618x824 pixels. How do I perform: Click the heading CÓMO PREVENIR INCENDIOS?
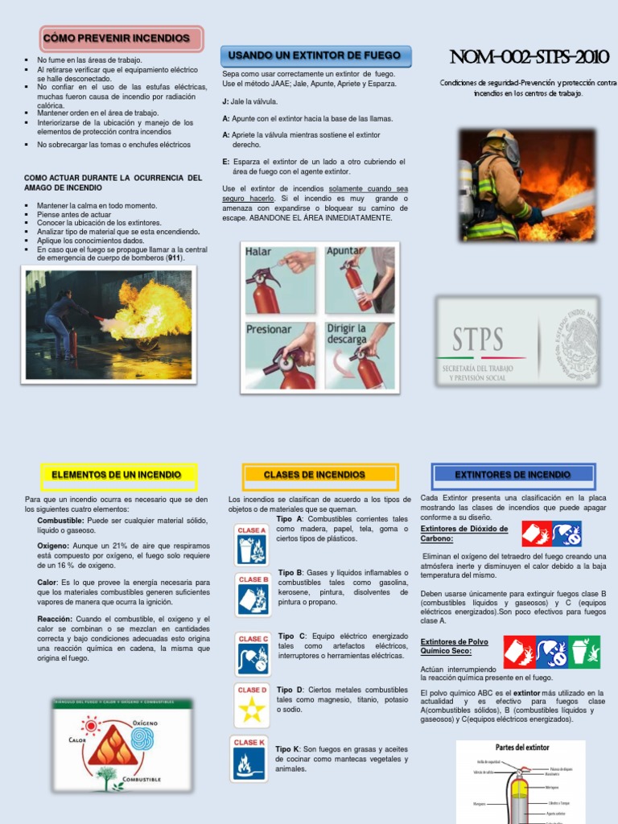121,38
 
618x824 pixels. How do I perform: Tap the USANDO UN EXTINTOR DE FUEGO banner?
315,56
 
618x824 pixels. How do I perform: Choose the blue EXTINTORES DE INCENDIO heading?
513,475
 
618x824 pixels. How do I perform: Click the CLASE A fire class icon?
251,545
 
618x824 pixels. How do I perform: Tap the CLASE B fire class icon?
253,594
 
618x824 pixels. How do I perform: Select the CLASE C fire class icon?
253,653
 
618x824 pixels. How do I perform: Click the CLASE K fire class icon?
249,759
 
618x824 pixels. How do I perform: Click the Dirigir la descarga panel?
359,355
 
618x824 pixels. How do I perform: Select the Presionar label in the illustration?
269,329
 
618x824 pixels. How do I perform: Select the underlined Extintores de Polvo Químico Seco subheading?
454,646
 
